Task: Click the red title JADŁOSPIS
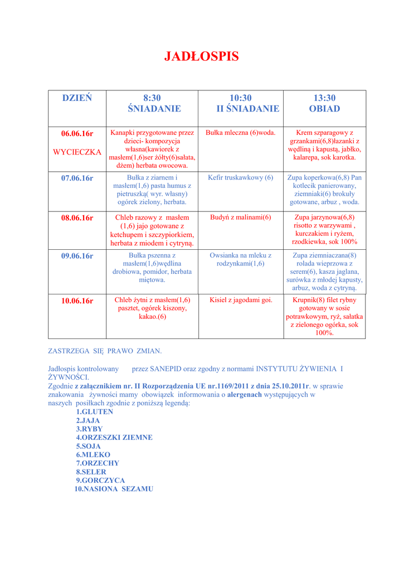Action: (202, 56)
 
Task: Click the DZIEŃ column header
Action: (77, 99)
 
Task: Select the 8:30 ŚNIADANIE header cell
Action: (154, 104)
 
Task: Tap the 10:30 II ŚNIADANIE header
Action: (241, 104)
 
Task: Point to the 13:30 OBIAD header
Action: (324, 104)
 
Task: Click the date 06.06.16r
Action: (77, 134)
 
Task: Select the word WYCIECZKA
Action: (77, 152)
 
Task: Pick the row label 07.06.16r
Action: (77, 178)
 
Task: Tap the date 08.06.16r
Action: (77, 218)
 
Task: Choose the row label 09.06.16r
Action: (77, 256)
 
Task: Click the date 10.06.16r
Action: (77, 301)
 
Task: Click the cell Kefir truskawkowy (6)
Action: (241, 178)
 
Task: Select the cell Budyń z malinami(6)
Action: (241, 217)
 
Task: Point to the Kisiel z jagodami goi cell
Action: (241, 301)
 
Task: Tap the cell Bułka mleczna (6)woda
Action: (241, 133)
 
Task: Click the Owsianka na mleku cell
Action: (241, 259)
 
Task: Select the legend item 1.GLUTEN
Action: (95, 412)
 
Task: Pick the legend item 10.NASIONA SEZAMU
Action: (114, 489)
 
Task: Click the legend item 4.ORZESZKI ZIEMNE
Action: (114, 438)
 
